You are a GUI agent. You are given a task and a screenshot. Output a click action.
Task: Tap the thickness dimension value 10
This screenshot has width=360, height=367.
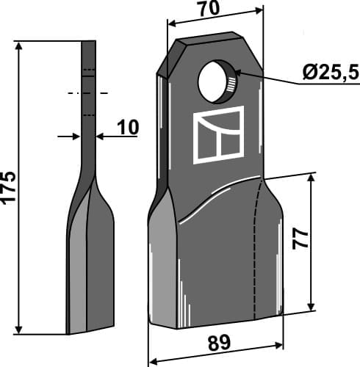(x=127, y=128)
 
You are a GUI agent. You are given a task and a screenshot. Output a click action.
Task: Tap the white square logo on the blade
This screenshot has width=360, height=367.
(x=218, y=134)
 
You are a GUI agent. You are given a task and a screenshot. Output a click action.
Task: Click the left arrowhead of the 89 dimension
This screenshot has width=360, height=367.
(x=154, y=360)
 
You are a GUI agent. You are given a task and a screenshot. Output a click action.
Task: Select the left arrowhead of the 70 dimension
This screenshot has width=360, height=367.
(x=173, y=22)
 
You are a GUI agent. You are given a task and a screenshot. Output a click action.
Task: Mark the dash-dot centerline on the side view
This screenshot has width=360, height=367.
(x=88, y=93)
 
